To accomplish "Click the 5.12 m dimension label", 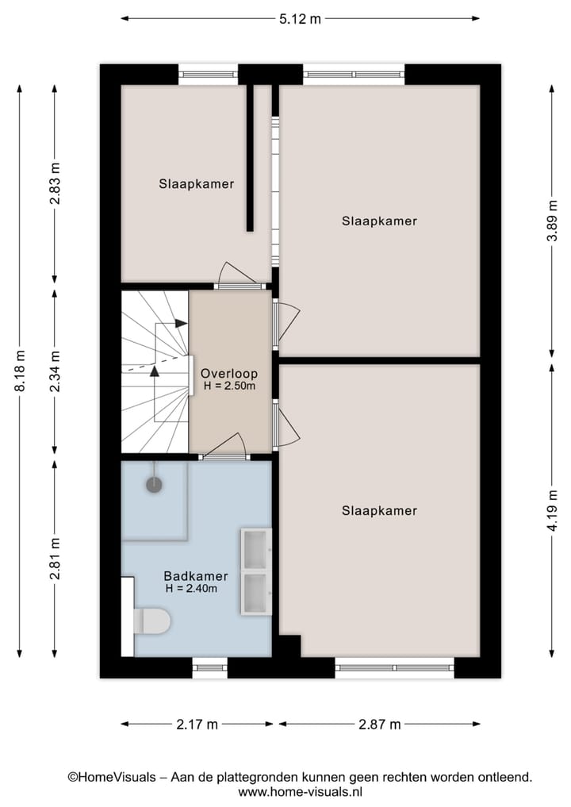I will tap(300, 19).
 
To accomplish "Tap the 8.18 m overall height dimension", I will tap(21, 371).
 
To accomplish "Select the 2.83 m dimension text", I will tap(55, 183).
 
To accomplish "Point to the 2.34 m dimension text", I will tap(55, 371).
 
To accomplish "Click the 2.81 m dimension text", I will tap(55, 559).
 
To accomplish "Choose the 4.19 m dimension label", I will tap(552, 511).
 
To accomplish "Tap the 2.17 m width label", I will tap(196, 724).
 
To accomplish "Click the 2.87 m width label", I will tap(379, 724).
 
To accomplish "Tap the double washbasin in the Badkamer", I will tap(256, 571).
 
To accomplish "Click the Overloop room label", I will tap(228, 373).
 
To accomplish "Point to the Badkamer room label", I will tap(196, 576).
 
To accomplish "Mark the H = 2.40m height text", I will tap(191, 589).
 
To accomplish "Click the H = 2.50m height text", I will tap(229, 386).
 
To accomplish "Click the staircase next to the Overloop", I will tap(156, 371).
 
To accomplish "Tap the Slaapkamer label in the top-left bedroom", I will tap(196, 184).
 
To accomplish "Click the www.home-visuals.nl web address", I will tap(300, 791).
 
